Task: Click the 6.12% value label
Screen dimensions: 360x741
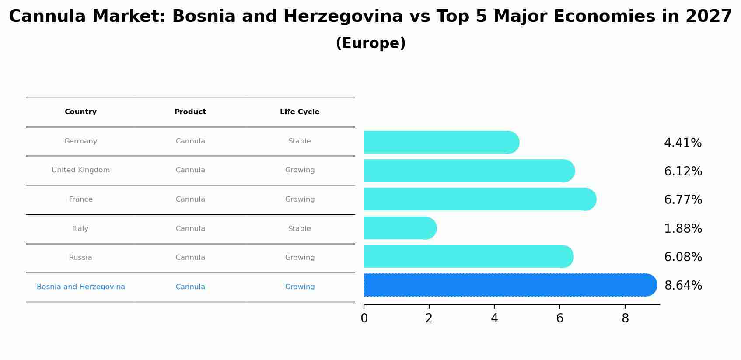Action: pyautogui.click(x=683, y=171)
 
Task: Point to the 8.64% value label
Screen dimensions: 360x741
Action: pyautogui.click(x=683, y=286)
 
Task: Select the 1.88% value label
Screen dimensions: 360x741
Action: pyautogui.click(x=683, y=228)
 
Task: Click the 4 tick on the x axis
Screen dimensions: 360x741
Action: pyautogui.click(x=494, y=318)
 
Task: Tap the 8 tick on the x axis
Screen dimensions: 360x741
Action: pyautogui.click(x=625, y=318)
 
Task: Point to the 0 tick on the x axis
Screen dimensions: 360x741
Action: pyautogui.click(x=364, y=318)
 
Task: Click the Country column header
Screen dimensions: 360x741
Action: pyautogui.click(x=80, y=112)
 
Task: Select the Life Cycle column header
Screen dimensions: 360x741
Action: pyautogui.click(x=300, y=112)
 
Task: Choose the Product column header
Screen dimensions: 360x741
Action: pyautogui.click(x=190, y=112)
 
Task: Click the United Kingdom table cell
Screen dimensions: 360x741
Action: pyautogui.click(x=80, y=170)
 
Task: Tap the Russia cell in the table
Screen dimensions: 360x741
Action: pyautogui.click(x=80, y=258)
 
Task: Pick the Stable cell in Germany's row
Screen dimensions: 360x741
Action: pyautogui.click(x=300, y=141)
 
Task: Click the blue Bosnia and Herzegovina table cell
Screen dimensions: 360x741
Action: pyautogui.click(x=80, y=287)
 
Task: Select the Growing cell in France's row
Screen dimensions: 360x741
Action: pyautogui.click(x=300, y=199)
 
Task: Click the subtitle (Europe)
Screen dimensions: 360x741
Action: pyautogui.click(x=370, y=43)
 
